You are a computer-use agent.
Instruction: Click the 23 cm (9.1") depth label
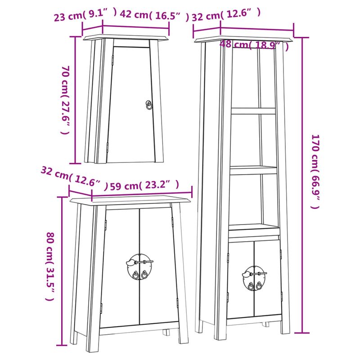[85, 15]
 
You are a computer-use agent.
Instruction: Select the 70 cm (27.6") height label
[65, 100]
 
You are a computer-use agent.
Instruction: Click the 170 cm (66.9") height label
[315, 171]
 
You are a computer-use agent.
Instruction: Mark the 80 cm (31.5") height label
[50, 265]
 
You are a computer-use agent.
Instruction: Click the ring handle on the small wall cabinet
[149, 104]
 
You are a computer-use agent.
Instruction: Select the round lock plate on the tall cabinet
[253, 277]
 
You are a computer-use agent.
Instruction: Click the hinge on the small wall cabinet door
[107, 146]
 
